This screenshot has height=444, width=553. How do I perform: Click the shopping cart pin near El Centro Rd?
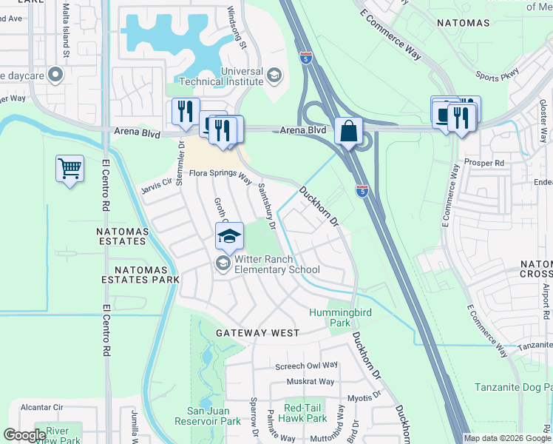click(69, 169)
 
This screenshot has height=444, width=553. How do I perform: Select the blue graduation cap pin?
click(229, 236)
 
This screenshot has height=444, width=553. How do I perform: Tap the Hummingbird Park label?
click(329, 318)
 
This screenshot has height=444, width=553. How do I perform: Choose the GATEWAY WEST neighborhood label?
click(257, 334)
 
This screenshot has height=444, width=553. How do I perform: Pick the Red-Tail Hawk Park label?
click(305, 413)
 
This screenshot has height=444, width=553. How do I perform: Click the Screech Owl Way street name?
click(306, 366)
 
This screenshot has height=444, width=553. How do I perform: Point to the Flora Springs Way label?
click(220, 175)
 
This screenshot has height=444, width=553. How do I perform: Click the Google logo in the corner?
click(24, 434)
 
